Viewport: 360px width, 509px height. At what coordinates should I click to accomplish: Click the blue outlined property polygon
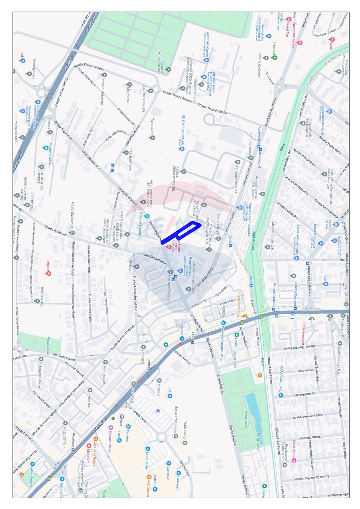180,233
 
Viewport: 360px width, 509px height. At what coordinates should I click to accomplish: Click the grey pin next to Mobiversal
129,85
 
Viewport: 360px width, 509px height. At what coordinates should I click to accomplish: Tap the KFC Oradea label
148,486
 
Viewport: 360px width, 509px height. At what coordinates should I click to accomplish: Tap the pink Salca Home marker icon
294,461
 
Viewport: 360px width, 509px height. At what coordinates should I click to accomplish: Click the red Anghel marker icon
48,273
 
